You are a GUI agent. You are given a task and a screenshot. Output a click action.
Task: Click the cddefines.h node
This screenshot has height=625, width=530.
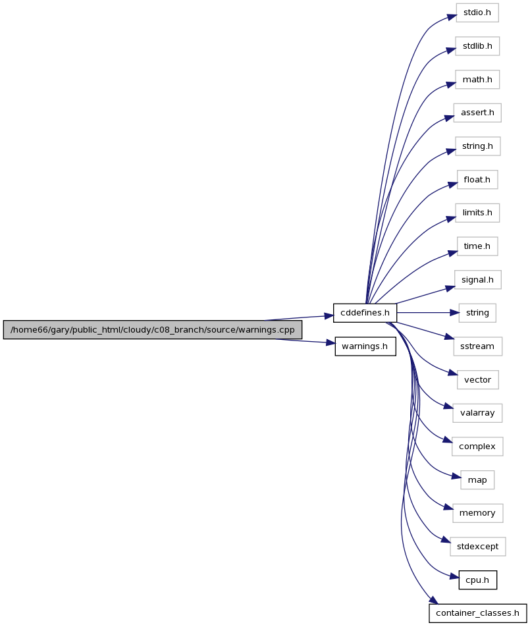click(x=365, y=313)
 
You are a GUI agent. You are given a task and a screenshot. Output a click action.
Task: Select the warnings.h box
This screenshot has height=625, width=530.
click(x=365, y=346)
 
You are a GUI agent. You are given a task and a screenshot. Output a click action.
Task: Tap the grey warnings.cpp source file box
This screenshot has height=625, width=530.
click(x=153, y=330)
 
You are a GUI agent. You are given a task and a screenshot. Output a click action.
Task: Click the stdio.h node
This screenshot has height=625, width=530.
click(x=477, y=13)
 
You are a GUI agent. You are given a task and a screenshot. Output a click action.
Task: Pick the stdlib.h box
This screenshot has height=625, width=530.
click(x=477, y=46)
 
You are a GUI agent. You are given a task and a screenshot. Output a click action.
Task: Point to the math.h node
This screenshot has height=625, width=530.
click(x=477, y=79)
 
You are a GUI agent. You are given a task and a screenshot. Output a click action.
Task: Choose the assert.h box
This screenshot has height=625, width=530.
click(x=477, y=113)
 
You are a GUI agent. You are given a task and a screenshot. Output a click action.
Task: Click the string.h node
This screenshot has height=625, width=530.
click(x=477, y=146)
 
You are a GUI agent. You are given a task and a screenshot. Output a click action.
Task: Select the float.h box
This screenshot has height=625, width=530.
click(x=477, y=180)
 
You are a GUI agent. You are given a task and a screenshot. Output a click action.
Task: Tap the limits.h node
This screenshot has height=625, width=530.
click(x=477, y=213)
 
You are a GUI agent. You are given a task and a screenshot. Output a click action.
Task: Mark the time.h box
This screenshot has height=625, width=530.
click(x=477, y=246)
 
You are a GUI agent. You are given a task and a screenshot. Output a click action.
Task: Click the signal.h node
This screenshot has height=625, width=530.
click(x=477, y=280)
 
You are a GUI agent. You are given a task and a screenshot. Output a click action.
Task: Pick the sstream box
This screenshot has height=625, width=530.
click(x=477, y=346)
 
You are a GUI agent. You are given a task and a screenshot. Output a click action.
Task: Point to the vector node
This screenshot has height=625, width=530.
click(x=477, y=380)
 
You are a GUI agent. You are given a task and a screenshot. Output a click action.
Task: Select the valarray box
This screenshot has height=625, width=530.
click(x=477, y=413)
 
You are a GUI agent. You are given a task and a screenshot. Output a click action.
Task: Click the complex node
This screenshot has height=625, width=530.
click(x=477, y=447)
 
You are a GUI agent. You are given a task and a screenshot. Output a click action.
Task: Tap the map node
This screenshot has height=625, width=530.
click(x=477, y=480)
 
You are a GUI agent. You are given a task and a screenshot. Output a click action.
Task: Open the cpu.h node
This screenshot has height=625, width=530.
click(x=477, y=580)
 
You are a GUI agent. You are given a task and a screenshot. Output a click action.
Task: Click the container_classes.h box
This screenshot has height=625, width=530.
click(x=477, y=613)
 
